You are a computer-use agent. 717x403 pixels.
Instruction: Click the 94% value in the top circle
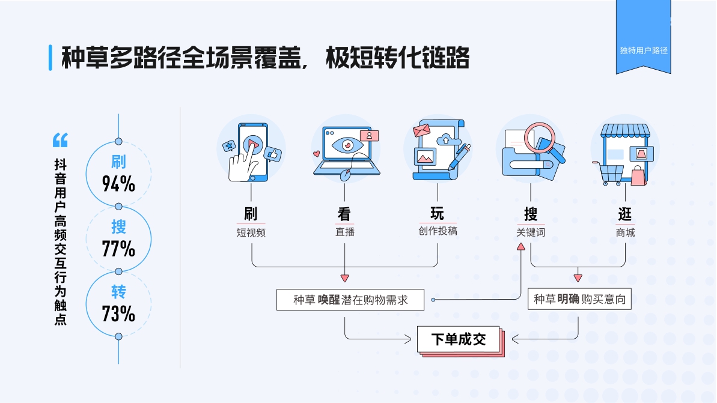point(118,184)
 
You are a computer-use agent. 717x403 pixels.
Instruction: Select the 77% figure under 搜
point(118,248)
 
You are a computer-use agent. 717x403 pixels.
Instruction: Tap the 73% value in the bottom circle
point(118,314)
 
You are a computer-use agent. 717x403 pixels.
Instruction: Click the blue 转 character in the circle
point(118,292)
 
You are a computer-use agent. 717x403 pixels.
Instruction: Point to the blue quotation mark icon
point(60,140)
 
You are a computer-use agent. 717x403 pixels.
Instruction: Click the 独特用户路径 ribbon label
point(643,50)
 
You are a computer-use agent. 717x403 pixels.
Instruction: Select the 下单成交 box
point(459,339)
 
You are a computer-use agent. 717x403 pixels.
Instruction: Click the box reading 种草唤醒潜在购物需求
point(350,300)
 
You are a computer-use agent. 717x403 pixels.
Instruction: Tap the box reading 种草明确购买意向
point(579,299)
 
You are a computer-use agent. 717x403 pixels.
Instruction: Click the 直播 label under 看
point(344,232)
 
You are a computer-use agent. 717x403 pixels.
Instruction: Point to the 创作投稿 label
point(438,231)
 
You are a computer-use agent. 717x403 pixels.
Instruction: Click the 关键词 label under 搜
point(530,232)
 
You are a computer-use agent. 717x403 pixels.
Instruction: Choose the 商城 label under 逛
point(625,232)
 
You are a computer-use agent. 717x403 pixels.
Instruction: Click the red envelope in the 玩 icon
point(422,130)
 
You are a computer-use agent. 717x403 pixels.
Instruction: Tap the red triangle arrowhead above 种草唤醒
point(344,277)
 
